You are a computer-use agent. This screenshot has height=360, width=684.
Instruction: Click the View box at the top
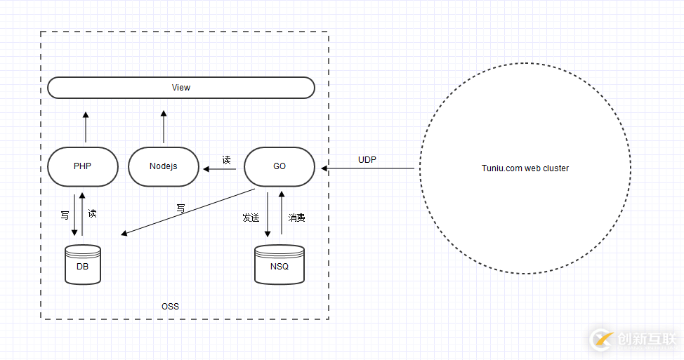click(180, 88)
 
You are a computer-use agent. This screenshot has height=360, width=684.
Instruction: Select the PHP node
click(82, 166)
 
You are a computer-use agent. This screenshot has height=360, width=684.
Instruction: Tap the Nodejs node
click(163, 166)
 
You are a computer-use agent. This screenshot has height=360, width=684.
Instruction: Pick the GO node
click(279, 166)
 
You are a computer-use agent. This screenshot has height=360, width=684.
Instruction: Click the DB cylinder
click(82, 265)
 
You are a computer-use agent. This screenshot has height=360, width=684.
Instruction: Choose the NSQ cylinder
click(279, 265)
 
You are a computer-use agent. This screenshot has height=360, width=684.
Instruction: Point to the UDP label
click(367, 160)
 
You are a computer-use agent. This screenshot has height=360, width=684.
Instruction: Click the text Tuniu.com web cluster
click(525, 168)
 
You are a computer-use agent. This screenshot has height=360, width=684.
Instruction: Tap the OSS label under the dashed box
click(170, 306)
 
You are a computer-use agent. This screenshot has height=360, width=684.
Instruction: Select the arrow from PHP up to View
click(86, 127)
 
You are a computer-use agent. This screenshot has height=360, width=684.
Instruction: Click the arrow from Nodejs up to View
click(163, 127)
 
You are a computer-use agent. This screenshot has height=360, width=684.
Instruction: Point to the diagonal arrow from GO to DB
click(188, 212)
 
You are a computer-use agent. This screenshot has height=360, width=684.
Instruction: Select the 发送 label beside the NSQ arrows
click(251, 218)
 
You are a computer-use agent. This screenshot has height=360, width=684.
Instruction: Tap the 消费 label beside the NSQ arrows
click(297, 218)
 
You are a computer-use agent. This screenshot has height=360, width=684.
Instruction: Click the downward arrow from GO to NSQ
click(268, 215)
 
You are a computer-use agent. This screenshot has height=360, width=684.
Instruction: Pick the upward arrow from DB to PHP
click(83, 215)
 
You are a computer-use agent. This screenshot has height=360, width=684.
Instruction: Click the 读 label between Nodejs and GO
click(226, 160)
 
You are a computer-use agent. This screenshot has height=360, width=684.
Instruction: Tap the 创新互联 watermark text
click(646, 340)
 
